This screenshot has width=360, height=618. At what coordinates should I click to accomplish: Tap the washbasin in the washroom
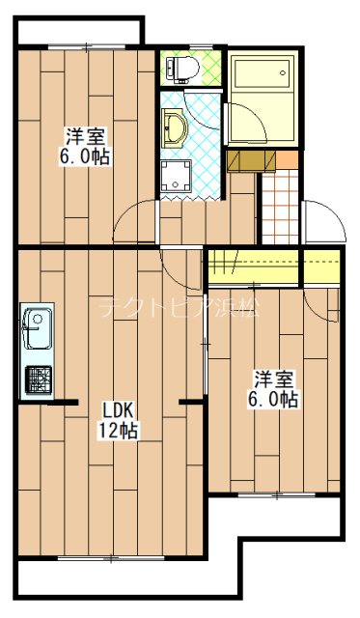click(x=175, y=126)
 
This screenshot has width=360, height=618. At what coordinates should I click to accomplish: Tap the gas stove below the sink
click(x=38, y=380)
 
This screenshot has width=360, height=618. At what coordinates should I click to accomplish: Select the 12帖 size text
click(x=116, y=431)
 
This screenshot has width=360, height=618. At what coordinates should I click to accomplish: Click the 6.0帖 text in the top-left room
click(x=85, y=156)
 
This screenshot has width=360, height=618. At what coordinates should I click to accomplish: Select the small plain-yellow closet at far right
click(x=322, y=263)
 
